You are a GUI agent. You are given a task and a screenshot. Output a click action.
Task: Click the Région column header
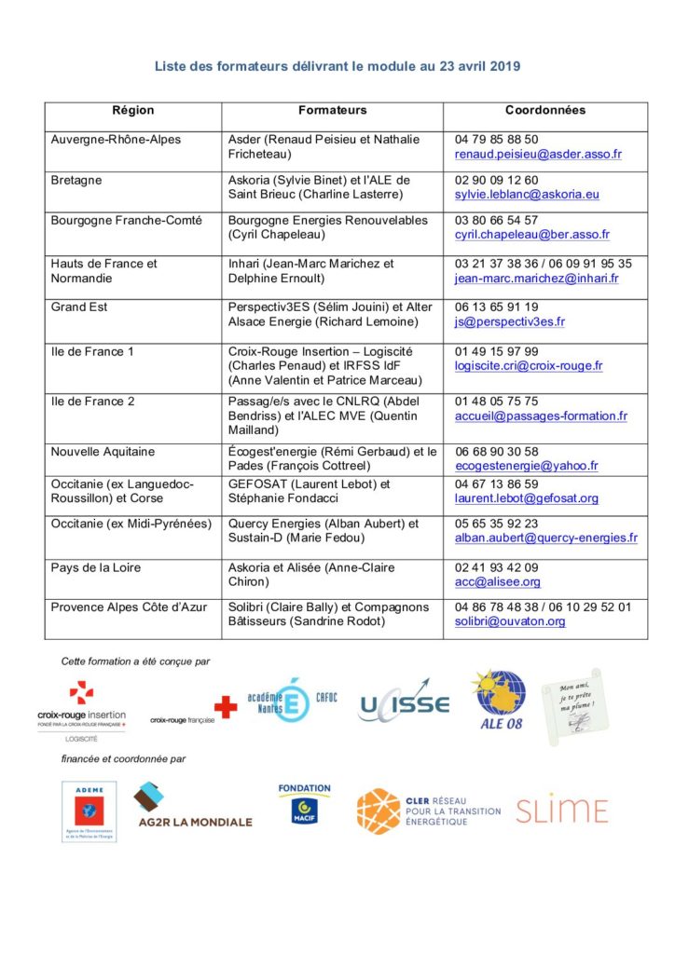(x=132, y=110)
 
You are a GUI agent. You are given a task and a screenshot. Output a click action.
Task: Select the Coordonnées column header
(x=545, y=110)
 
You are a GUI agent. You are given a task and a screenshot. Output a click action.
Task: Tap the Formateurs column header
(x=332, y=110)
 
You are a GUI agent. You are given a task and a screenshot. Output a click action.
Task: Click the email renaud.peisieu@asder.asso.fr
(x=538, y=154)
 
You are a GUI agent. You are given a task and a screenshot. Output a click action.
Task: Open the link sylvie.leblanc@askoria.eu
(x=527, y=195)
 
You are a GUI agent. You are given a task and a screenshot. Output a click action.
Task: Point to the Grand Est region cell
(x=79, y=307)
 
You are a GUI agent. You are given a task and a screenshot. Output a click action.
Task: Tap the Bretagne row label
(x=76, y=180)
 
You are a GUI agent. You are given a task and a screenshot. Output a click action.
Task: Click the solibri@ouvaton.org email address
(x=510, y=621)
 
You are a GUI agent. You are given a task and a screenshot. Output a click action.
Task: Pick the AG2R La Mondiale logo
(x=193, y=807)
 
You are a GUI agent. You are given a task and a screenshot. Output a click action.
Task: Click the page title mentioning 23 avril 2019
(x=337, y=66)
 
